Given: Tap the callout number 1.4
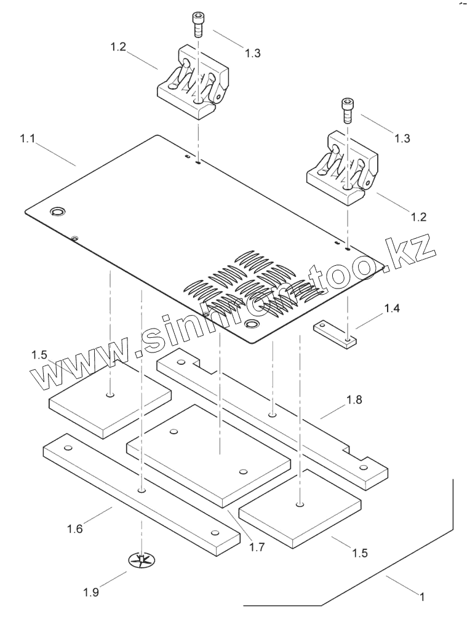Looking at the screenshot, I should [x=393, y=308].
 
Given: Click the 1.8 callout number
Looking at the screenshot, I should [x=354, y=400].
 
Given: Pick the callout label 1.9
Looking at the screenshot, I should [x=92, y=593].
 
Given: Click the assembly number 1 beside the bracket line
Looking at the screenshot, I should [x=423, y=596].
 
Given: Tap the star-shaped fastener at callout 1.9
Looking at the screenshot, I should [x=142, y=560].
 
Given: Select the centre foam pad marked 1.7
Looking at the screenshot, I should [x=208, y=452].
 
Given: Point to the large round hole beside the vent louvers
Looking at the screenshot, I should [x=252, y=324].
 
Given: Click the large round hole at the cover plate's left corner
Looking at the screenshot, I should [x=58, y=212].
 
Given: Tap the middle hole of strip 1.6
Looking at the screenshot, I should [x=142, y=490].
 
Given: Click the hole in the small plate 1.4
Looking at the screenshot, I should [x=348, y=338].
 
